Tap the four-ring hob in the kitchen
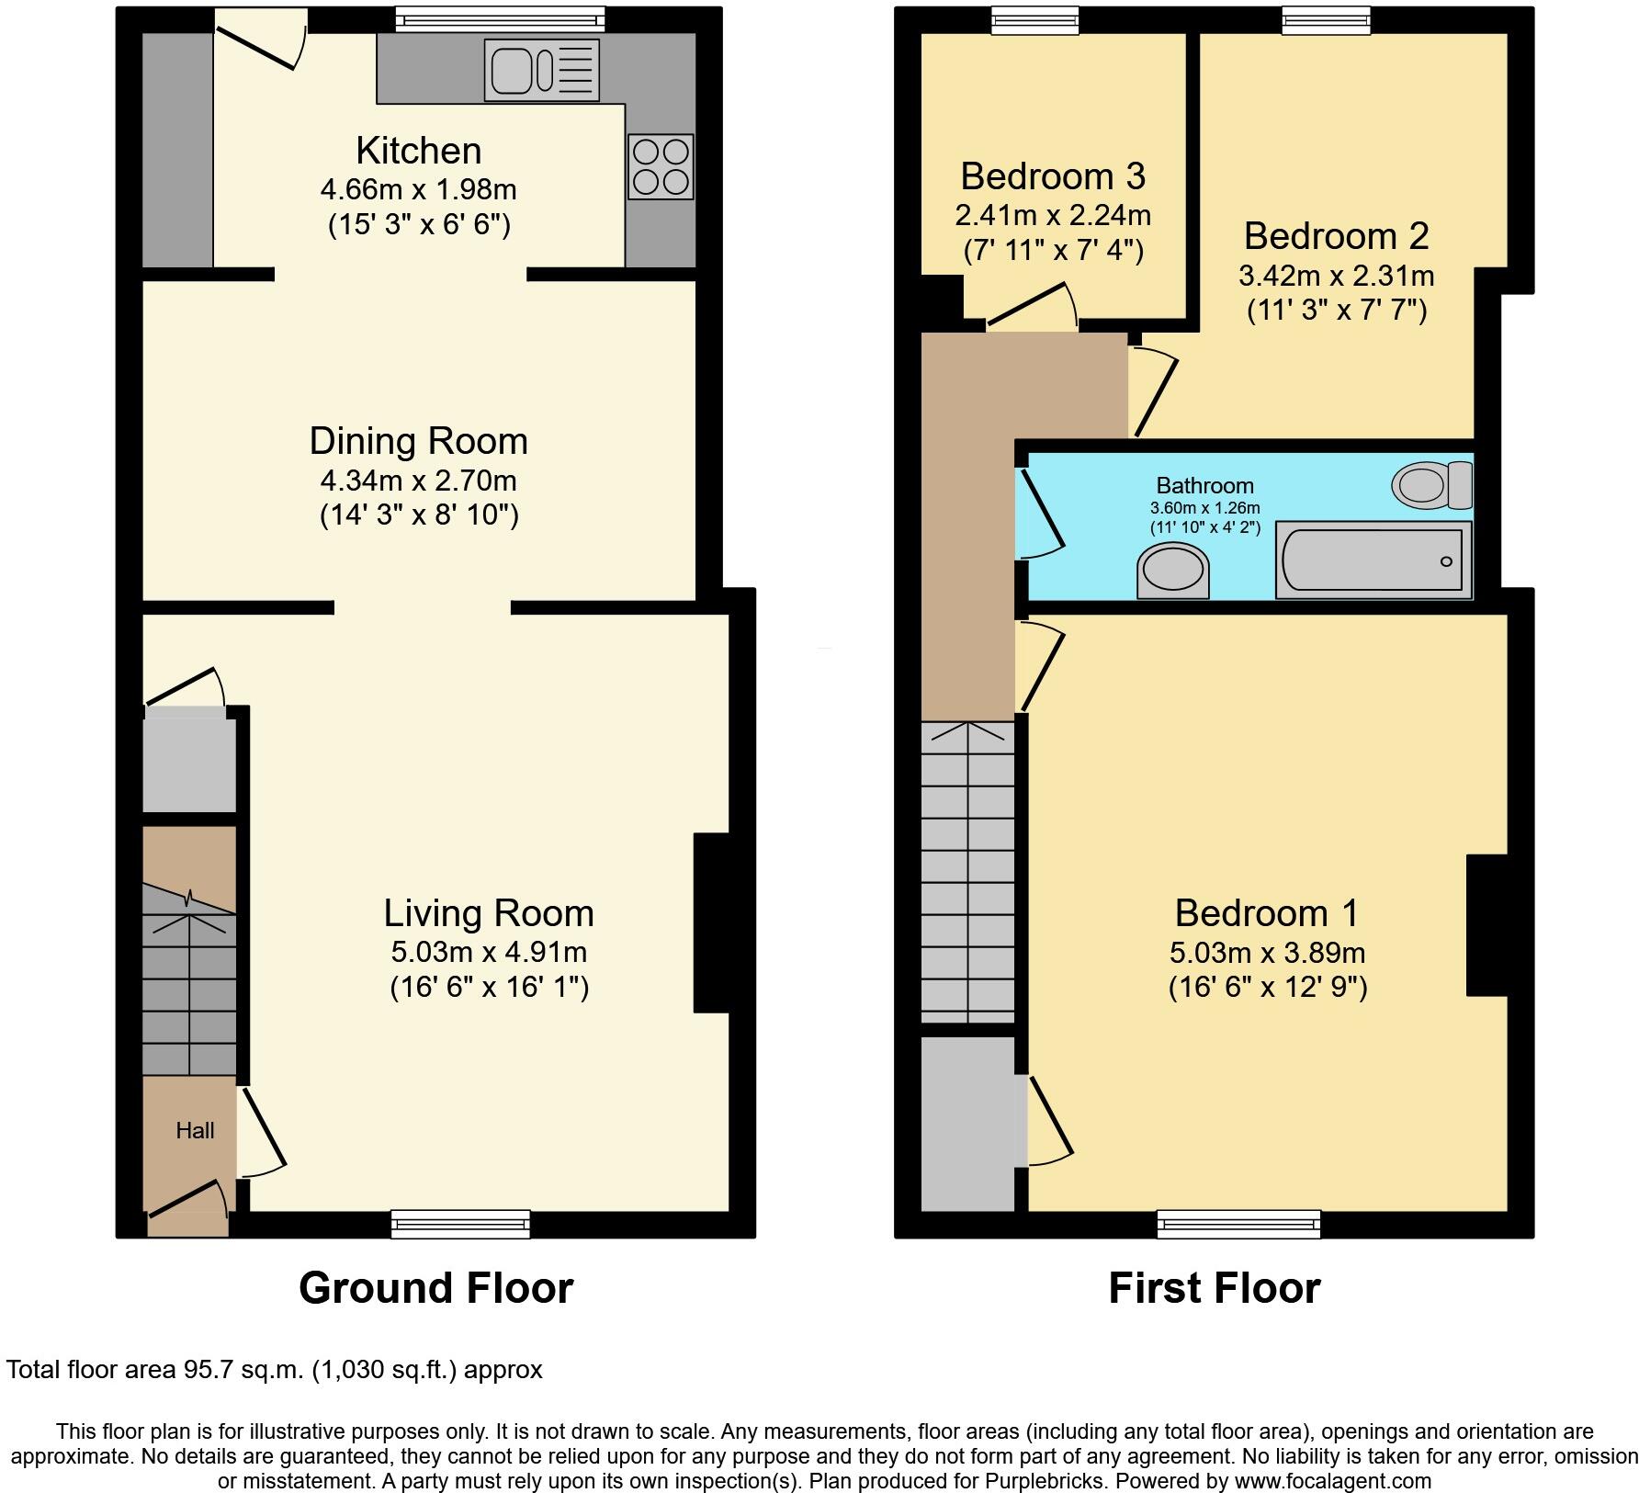pos(661,167)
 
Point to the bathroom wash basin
pos(1172,571)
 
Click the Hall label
pos(195,1131)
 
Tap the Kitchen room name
pos(418,151)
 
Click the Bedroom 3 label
pos(1053,175)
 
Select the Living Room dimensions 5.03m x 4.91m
pos(489,952)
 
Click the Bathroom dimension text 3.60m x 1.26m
pos(1204,508)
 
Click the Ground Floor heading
pos(435,1288)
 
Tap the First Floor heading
pos(1214,1288)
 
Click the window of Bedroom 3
pos(1034,19)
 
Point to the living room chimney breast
pos(712,922)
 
